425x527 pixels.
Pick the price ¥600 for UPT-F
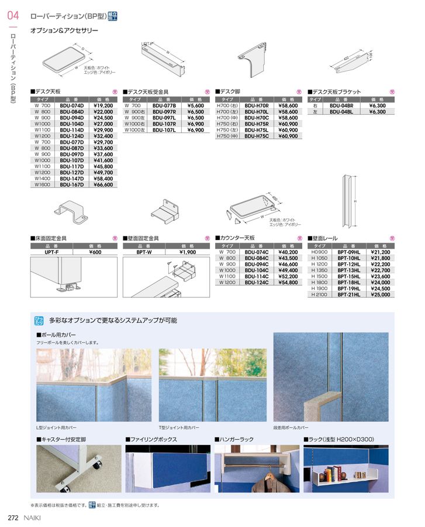(95, 252)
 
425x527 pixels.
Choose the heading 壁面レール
(324, 238)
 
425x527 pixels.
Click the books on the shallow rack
(335, 473)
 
